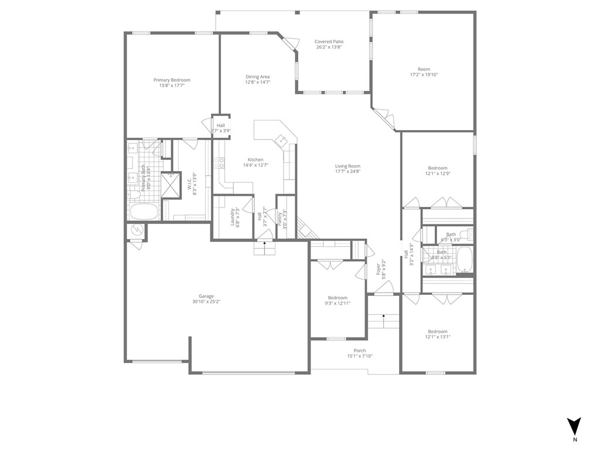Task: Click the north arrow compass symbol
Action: (574, 426)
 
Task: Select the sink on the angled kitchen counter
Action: (281, 140)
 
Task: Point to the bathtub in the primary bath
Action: (143, 212)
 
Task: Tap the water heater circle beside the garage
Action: (137, 231)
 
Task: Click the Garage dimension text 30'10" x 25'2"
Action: (206, 301)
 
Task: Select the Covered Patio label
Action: (329, 42)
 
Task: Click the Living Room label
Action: (347, 166)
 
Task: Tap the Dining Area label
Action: (257, 77)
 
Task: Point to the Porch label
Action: (360, 350)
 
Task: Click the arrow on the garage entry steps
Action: (264, 244)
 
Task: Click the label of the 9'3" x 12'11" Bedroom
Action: (337, 298)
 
